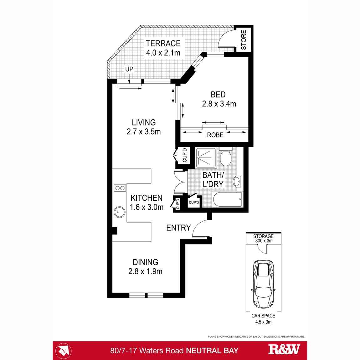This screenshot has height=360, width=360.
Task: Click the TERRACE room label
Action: (x=163, y=44)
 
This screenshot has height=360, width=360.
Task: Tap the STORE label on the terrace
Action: (x=244, y=40)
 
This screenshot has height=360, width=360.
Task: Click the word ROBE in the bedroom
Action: (x=215, y=135)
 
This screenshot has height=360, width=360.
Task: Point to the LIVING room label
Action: (x=144, y=122)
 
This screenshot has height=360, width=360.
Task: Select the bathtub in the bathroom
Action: (x=227, y=199)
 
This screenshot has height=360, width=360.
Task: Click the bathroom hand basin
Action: (x=237, y=181)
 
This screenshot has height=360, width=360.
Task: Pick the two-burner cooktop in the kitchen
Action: (x=120, y=188)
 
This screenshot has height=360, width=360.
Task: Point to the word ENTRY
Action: (x=178, y=228)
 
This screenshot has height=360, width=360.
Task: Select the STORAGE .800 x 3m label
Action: (x=263, y=239)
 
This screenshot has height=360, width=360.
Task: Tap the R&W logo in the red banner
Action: (x=284, y=350)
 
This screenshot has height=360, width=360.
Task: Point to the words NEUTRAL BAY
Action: (x=212, y=351)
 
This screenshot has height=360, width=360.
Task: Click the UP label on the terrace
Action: (x=129, y=69)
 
